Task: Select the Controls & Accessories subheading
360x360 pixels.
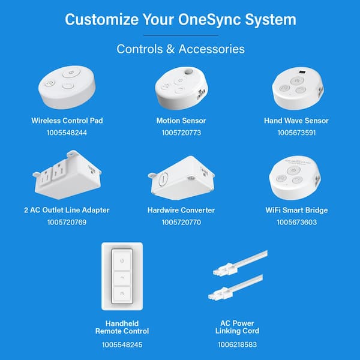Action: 180,49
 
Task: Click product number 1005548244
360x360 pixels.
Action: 67,132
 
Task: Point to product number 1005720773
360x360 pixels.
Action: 181,132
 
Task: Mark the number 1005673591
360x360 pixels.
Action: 296,132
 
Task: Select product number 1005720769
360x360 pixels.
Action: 67,222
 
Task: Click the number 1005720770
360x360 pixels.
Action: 181,222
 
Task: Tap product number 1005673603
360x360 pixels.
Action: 296,222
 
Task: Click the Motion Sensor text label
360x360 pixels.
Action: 181,121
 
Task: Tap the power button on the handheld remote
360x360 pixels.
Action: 122,261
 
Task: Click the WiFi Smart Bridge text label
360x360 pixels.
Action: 296,210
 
